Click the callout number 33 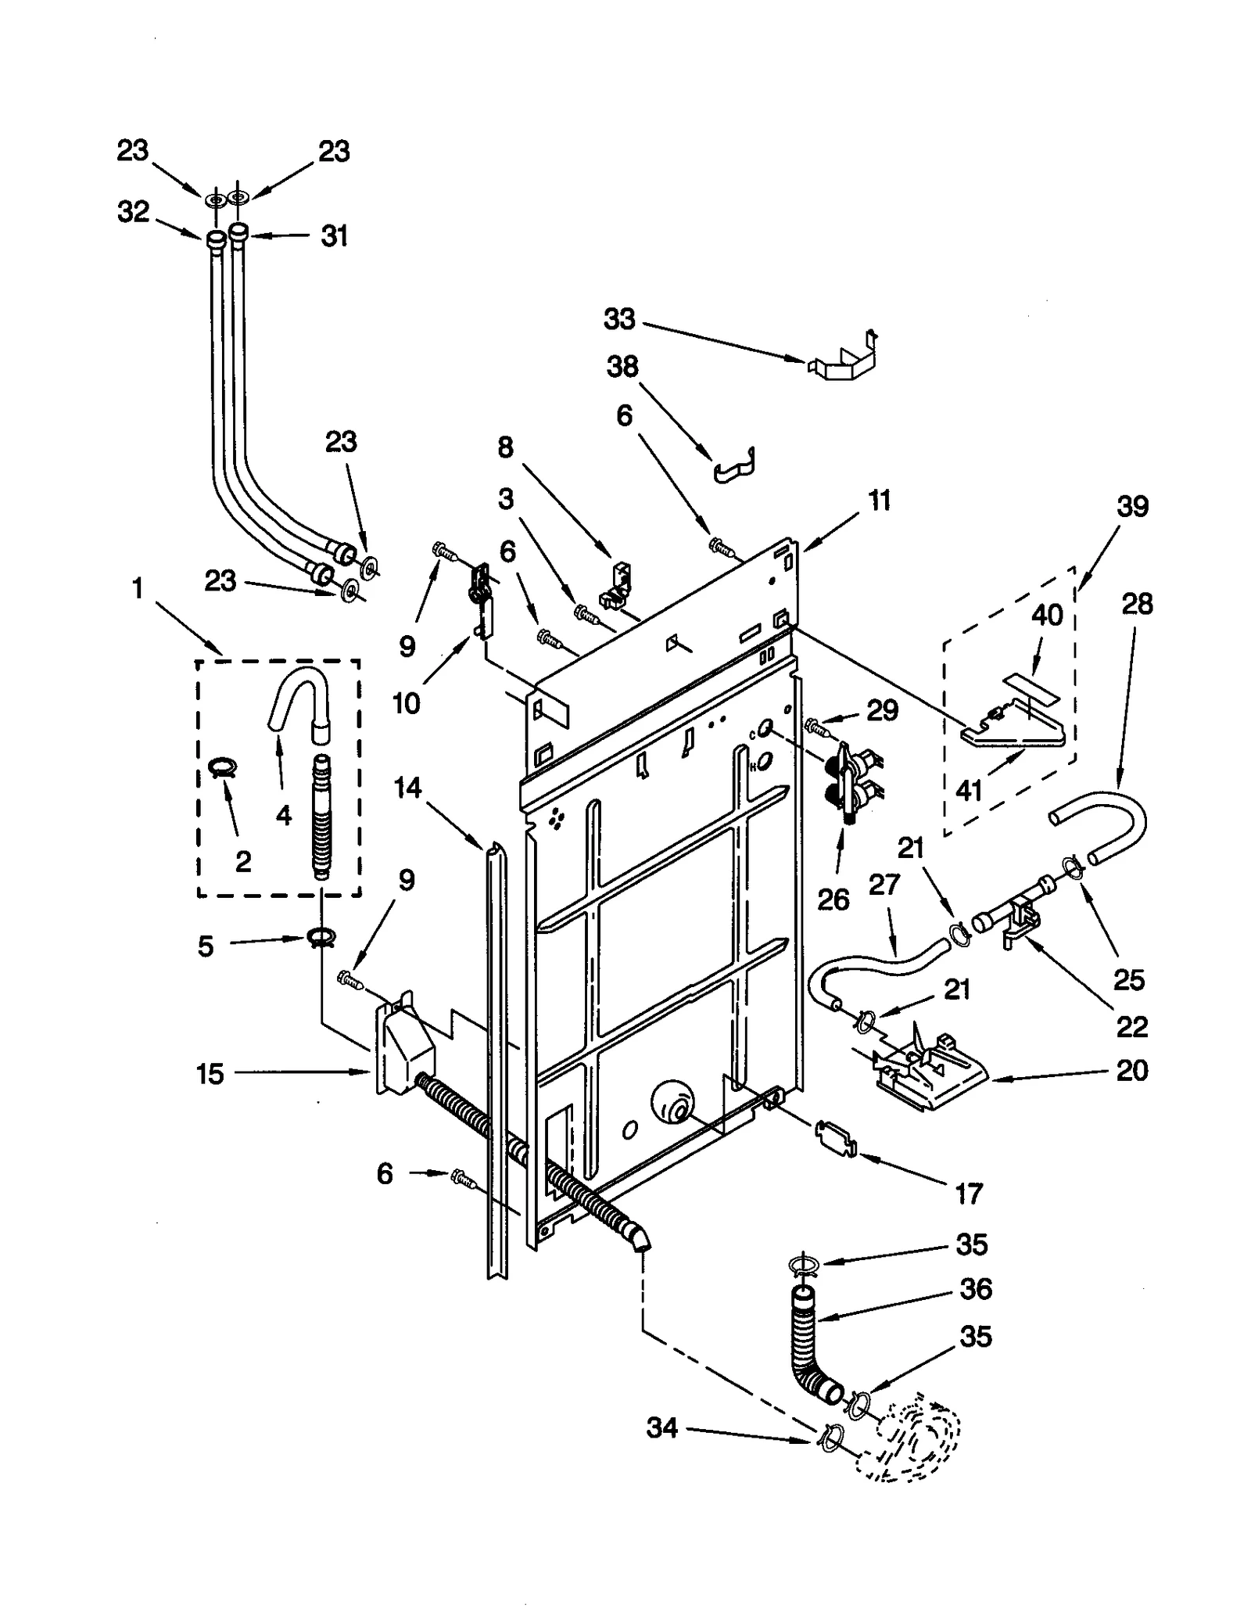(x=619, y=319)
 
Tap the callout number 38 (x=622, y=366)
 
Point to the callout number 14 (x=407, y=788)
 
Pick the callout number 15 (x=210, y=1074)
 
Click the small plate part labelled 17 (x=835, y=1136)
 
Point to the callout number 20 (x=1131, y=1070)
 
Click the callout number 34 (x=661, y=1428)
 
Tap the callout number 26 (x=833, y=900)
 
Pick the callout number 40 (x=1047, y=615)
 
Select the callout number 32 (x=133, y=211)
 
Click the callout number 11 (x=880, y=501)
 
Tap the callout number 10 (x=406, y=703)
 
